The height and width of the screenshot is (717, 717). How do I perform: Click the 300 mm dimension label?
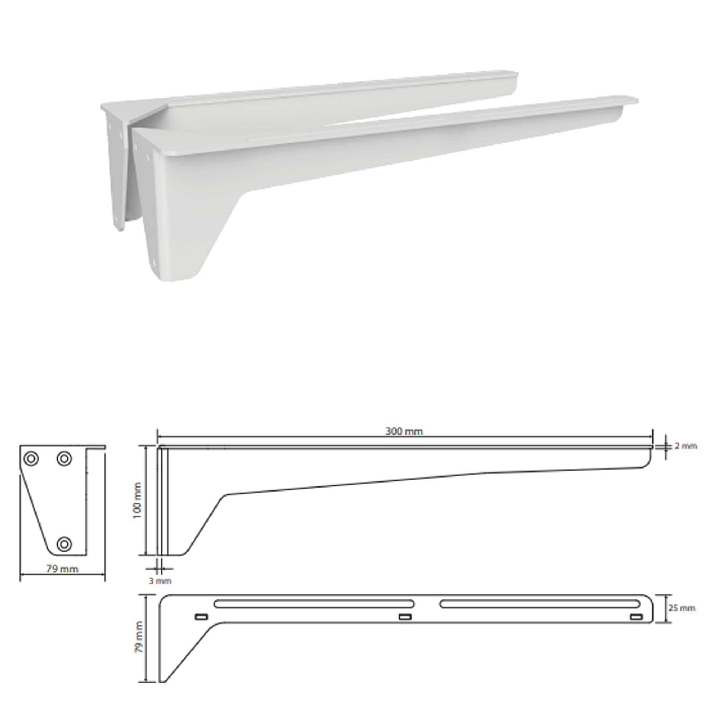404,431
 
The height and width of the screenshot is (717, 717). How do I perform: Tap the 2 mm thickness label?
686,446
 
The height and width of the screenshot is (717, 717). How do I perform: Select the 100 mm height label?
137,500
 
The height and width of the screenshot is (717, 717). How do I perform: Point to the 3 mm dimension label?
160,581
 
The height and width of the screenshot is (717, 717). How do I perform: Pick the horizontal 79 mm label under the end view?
62,569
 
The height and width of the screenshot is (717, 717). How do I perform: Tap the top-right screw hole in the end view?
64,459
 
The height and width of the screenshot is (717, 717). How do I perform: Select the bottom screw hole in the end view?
64,544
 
